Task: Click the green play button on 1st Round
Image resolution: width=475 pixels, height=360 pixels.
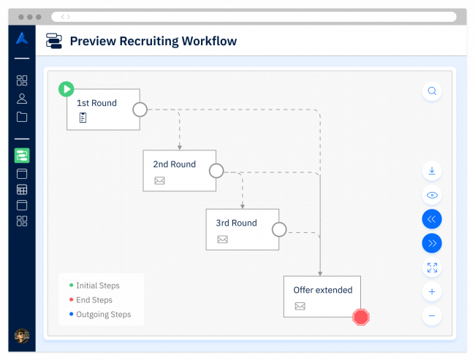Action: point(66,89)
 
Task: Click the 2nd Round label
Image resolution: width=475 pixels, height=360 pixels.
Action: point(174,164)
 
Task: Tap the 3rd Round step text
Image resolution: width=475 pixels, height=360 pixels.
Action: point(236,223)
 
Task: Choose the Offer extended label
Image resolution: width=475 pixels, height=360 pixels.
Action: point(322,290)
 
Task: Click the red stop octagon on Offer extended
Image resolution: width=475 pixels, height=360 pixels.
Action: point(361,317)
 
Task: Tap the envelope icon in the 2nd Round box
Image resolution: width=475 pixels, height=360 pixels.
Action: point(159,180)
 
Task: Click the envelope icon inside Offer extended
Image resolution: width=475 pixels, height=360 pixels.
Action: point(300,306)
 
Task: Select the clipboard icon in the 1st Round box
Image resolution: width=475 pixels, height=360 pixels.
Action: point(83,118)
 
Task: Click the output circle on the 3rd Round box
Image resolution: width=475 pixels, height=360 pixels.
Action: point(279,230)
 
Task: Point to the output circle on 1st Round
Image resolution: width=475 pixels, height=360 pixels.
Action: point(140,110)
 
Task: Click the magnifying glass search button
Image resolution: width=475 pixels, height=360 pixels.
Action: point(432,91)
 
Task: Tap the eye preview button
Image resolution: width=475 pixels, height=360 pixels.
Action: point(432,195)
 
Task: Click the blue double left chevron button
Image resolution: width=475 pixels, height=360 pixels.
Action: point(432,219)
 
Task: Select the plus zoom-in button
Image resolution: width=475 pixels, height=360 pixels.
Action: point(432,292)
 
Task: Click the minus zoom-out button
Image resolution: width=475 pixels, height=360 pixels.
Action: point(432,316)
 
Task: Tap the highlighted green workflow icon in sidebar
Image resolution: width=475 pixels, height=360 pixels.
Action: point(22,155)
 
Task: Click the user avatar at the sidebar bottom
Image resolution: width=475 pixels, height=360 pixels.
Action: point(22,335)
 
